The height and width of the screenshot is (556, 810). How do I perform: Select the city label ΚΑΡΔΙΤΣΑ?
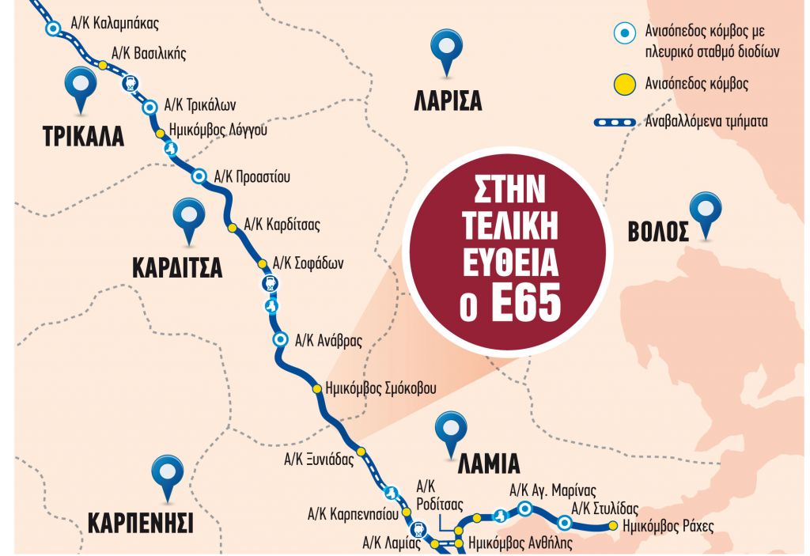177,267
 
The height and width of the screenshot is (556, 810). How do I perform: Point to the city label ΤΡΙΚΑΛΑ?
83,136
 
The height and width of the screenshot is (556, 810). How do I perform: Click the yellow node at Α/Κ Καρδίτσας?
233,228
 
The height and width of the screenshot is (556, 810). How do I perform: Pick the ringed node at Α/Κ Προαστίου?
199,176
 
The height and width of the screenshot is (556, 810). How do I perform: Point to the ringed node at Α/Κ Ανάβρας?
279,340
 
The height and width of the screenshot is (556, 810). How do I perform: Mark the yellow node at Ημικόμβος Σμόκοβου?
315,388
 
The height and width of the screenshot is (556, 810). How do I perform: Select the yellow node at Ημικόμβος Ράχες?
612,526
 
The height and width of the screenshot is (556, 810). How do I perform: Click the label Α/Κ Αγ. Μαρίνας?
553,489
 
